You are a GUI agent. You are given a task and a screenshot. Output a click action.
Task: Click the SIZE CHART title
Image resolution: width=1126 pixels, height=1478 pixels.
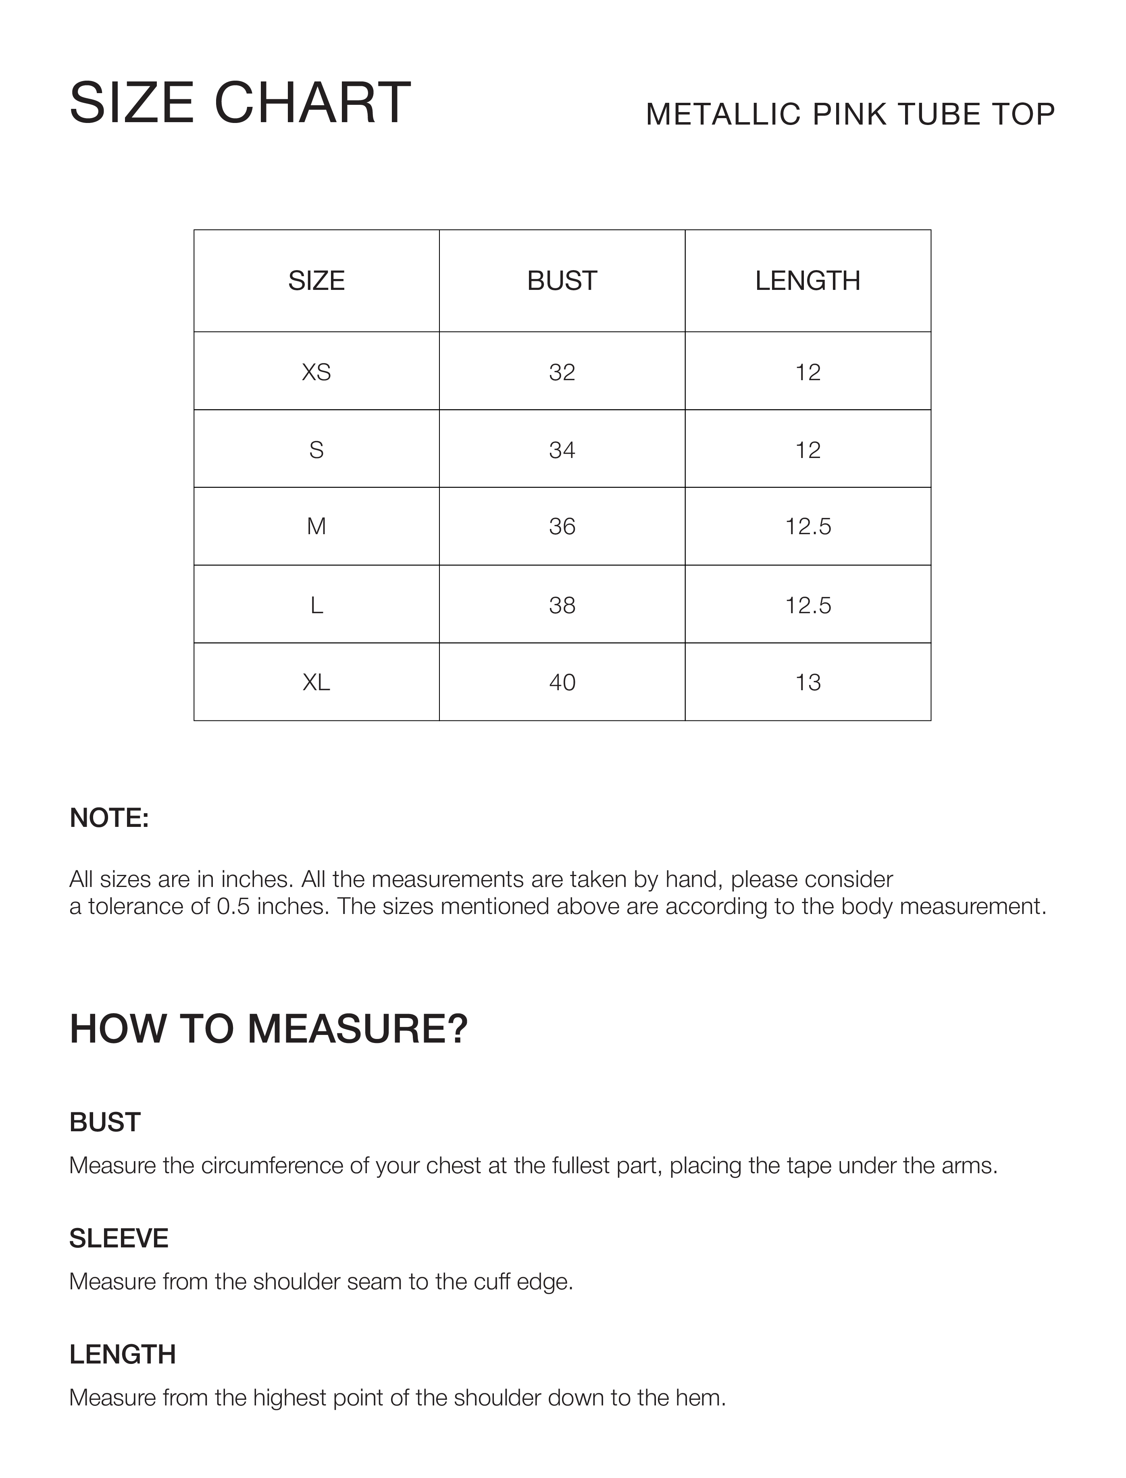click(239, 103)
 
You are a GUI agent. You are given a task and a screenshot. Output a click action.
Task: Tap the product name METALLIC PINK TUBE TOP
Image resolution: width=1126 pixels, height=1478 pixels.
click(850, 114)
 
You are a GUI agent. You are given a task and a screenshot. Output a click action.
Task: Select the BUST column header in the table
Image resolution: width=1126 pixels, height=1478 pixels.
click(562, 281)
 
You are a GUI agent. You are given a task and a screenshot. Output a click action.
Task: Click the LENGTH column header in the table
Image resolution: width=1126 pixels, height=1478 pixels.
click(808, 281)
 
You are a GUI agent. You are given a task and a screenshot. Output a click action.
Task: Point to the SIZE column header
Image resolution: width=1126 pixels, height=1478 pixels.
click(316, 281)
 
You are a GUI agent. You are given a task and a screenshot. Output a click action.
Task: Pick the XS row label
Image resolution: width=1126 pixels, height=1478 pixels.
click(316, 372)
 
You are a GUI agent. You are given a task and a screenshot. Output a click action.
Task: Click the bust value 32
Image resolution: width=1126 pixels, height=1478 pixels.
click(562, 372)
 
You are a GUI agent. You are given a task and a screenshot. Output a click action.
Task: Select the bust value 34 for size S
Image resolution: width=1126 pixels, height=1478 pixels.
click(562, 450)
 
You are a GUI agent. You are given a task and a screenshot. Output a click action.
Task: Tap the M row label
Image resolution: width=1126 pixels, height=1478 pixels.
click(316, 527)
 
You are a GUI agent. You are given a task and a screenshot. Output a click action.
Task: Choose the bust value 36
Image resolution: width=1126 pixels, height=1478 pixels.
click(562, 527)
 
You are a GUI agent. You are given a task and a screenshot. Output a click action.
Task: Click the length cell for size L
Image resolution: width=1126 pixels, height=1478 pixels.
click(808, 605)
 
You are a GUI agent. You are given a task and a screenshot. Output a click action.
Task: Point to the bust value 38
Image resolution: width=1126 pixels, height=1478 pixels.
click(562, 605)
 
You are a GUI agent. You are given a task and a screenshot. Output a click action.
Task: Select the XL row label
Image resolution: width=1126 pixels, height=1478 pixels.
click(316, 683)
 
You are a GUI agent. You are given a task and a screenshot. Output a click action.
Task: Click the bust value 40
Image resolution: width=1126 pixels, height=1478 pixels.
click(562, 683)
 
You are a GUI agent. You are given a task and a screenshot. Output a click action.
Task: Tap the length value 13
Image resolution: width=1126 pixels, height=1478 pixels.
click(808, 683)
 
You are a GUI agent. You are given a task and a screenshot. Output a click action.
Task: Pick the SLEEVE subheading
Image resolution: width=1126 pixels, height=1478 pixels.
click(119, 1239)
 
